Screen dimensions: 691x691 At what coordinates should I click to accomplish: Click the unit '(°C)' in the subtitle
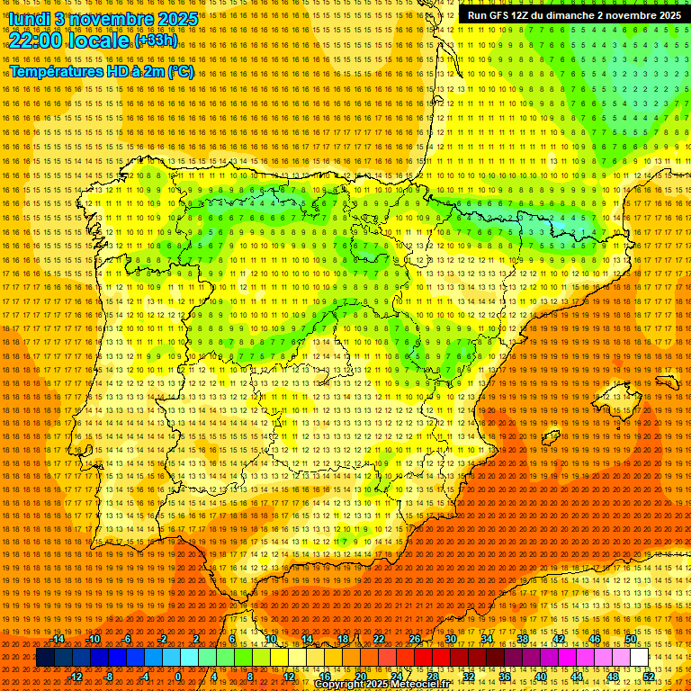[x=180, y=71]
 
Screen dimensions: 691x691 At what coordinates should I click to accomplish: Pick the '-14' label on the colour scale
[x=58, y=639]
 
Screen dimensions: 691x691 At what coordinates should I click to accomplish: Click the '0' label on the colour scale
[x=179, y=677]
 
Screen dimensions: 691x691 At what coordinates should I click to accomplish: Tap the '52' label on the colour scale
[x=649, y=677]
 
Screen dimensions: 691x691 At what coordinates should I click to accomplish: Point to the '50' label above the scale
[x=631, y=639]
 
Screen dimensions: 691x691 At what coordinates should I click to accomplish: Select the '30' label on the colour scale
[x=451, y=639]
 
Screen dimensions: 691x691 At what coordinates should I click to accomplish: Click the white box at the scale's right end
[x=639, y=658]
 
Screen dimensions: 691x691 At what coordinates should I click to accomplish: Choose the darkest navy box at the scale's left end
[x=45, y=658]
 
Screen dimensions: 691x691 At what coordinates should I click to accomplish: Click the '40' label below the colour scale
[x=541, y=677]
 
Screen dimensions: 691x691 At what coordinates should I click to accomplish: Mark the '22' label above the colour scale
[x=379, y=639]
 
